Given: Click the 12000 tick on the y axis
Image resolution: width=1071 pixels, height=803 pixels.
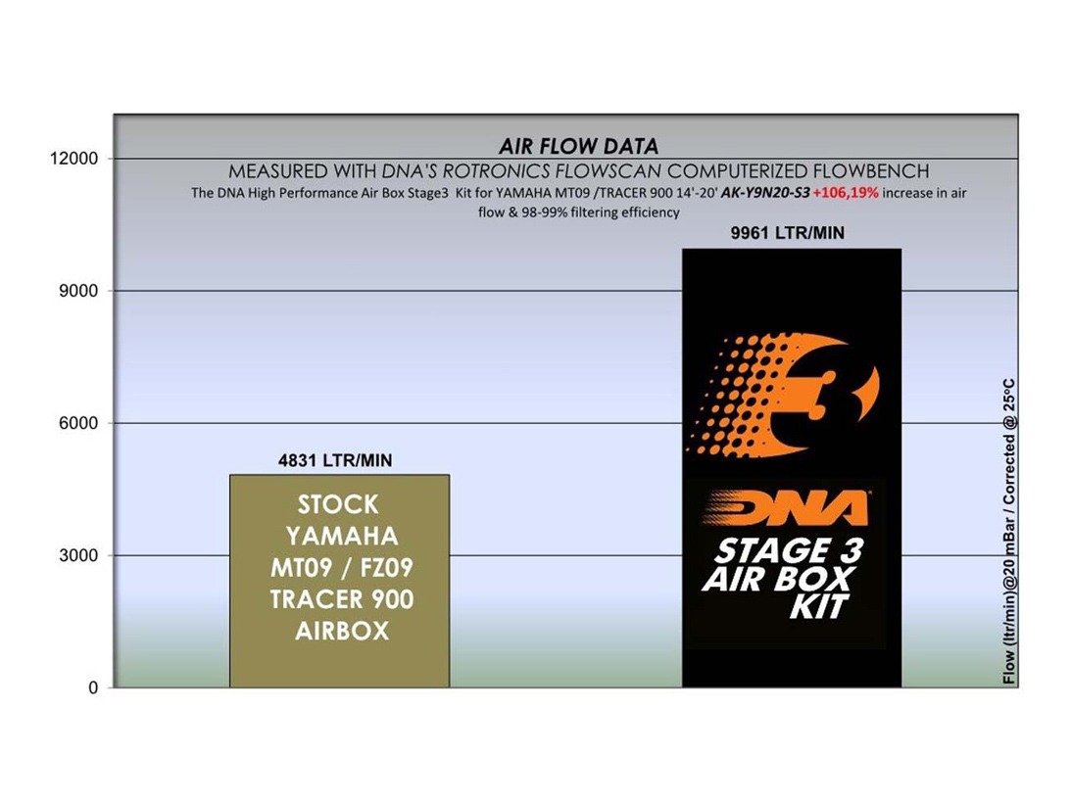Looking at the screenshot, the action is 74,159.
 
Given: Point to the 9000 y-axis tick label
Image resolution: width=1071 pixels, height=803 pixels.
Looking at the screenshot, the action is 78,291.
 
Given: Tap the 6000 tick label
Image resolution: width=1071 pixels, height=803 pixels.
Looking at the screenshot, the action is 78,423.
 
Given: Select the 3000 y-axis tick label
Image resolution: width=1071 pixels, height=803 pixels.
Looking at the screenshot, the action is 78,556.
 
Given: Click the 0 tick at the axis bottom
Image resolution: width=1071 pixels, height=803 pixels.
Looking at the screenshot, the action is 93,687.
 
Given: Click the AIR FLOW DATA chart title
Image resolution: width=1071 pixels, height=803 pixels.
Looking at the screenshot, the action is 578,146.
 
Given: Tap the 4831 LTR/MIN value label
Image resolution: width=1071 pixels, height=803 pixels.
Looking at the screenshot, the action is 335,461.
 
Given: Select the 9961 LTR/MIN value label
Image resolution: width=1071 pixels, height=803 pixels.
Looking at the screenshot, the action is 788,233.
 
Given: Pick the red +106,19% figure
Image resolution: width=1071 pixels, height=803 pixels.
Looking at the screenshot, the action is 846,193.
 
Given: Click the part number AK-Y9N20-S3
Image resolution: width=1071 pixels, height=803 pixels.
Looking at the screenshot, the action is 765,193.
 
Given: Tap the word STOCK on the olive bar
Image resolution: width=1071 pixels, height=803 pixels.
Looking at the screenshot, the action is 338,504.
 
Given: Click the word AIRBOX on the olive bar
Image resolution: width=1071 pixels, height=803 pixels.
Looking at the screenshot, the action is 342,631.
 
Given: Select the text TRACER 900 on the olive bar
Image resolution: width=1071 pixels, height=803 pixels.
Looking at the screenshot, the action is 342,599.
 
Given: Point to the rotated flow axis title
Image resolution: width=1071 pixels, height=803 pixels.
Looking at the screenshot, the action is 1008,531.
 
